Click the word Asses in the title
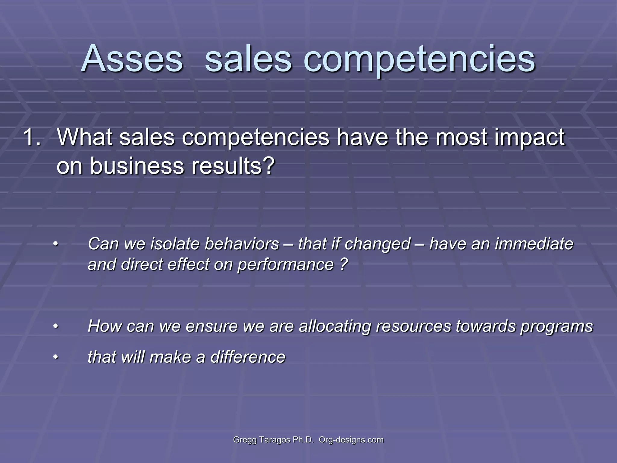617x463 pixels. coord(132,58)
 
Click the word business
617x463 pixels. coord(137,165)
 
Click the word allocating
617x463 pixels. coord(334,326)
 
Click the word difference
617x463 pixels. coord(248,357)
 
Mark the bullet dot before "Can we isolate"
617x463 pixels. coord(55,244)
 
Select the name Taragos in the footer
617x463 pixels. coord(275,440)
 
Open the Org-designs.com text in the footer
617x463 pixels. coord(351,440)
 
